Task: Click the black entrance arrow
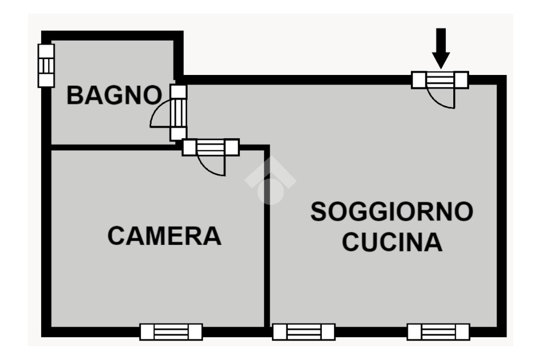coord(441,48)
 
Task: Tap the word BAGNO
coord(114,96)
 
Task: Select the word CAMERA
coord(164,235)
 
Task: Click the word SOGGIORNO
coord(391,212)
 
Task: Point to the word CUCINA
coord(391,242)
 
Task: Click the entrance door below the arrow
coord(440,80)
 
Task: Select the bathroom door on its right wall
coord(179,112)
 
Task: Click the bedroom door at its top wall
coord(210,147)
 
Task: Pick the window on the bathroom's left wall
coord(46,65)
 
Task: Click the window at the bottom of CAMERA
coord(171,332)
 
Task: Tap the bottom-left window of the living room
coord(304,332)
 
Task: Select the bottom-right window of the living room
coord(438,332)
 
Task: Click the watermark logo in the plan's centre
coord(270,183)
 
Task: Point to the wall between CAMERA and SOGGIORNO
coord(267,238)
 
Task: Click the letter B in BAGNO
coord(75,96)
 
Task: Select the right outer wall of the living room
coord(502,206)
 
